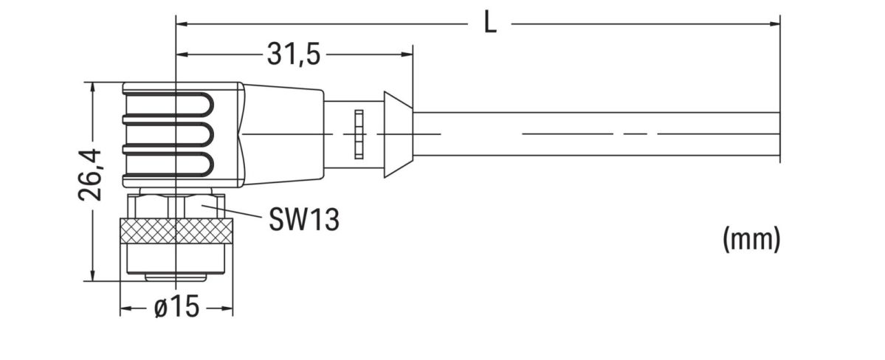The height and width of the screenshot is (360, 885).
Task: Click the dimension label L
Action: coord(490,23)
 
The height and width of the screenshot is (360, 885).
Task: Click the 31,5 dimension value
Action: coord(293,55)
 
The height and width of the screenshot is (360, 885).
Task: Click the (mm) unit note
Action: coord(751,239)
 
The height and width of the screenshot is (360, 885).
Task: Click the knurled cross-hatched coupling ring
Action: coord(176,232)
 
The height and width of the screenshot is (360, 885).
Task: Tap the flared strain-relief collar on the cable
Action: coord(397,134)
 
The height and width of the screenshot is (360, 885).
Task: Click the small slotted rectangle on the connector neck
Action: coord(359,134)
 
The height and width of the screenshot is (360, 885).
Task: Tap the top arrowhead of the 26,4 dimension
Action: coord(92,88)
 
